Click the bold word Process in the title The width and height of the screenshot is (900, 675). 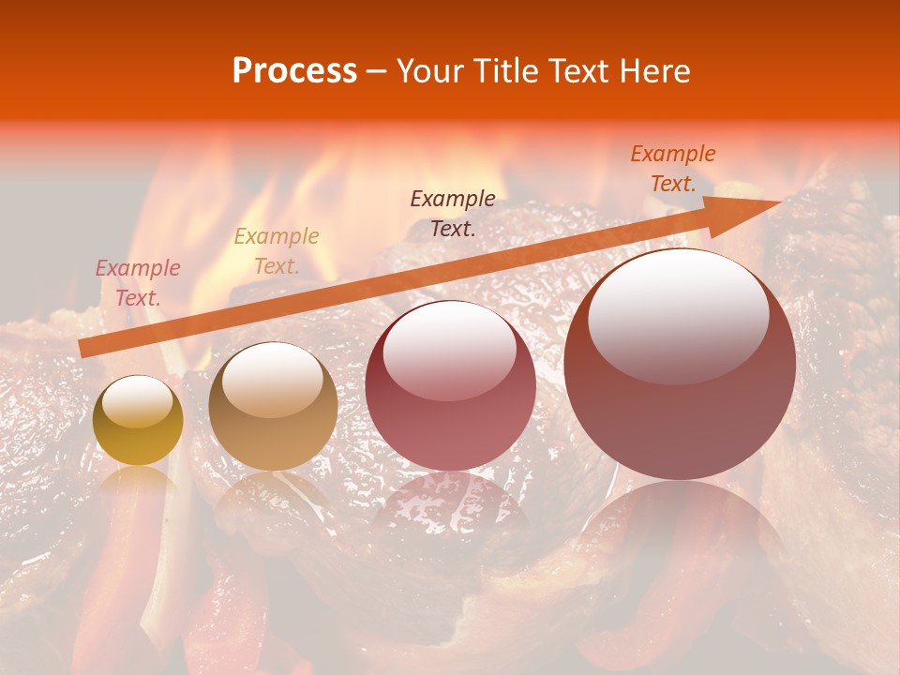point(294,71)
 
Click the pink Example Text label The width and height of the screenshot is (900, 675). point(138,283)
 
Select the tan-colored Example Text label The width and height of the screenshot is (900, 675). point(277,251)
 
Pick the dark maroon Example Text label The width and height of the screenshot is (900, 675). point(453,213)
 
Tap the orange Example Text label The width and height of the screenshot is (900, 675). point(673,169)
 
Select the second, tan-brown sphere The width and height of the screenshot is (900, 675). point(273,408)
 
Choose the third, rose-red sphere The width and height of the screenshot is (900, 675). point(450,386)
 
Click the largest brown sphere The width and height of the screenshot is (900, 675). point(680,366)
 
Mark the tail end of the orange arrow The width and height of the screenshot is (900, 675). point(84,348)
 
